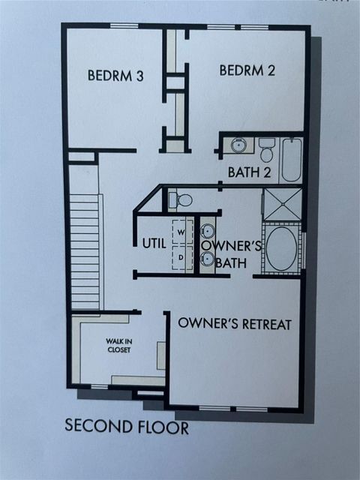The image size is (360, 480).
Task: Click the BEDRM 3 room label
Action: pos(115,75)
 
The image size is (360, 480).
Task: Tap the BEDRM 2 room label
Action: pos(247,70)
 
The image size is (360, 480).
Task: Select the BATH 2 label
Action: pos(249,172)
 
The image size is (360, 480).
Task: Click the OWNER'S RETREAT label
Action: pos(235,324)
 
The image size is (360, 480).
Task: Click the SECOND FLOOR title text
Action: pos(126,427)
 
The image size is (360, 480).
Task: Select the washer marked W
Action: pos(181,233)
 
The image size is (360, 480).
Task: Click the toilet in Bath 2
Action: pos(267,149)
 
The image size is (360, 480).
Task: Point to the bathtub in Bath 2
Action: pos(292,159)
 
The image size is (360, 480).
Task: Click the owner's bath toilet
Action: pos(180,199)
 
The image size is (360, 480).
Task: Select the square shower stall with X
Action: pos(282,204)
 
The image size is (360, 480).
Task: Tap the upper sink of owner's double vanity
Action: pos(208,232)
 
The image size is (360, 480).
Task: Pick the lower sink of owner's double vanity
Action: pos(208,259)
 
